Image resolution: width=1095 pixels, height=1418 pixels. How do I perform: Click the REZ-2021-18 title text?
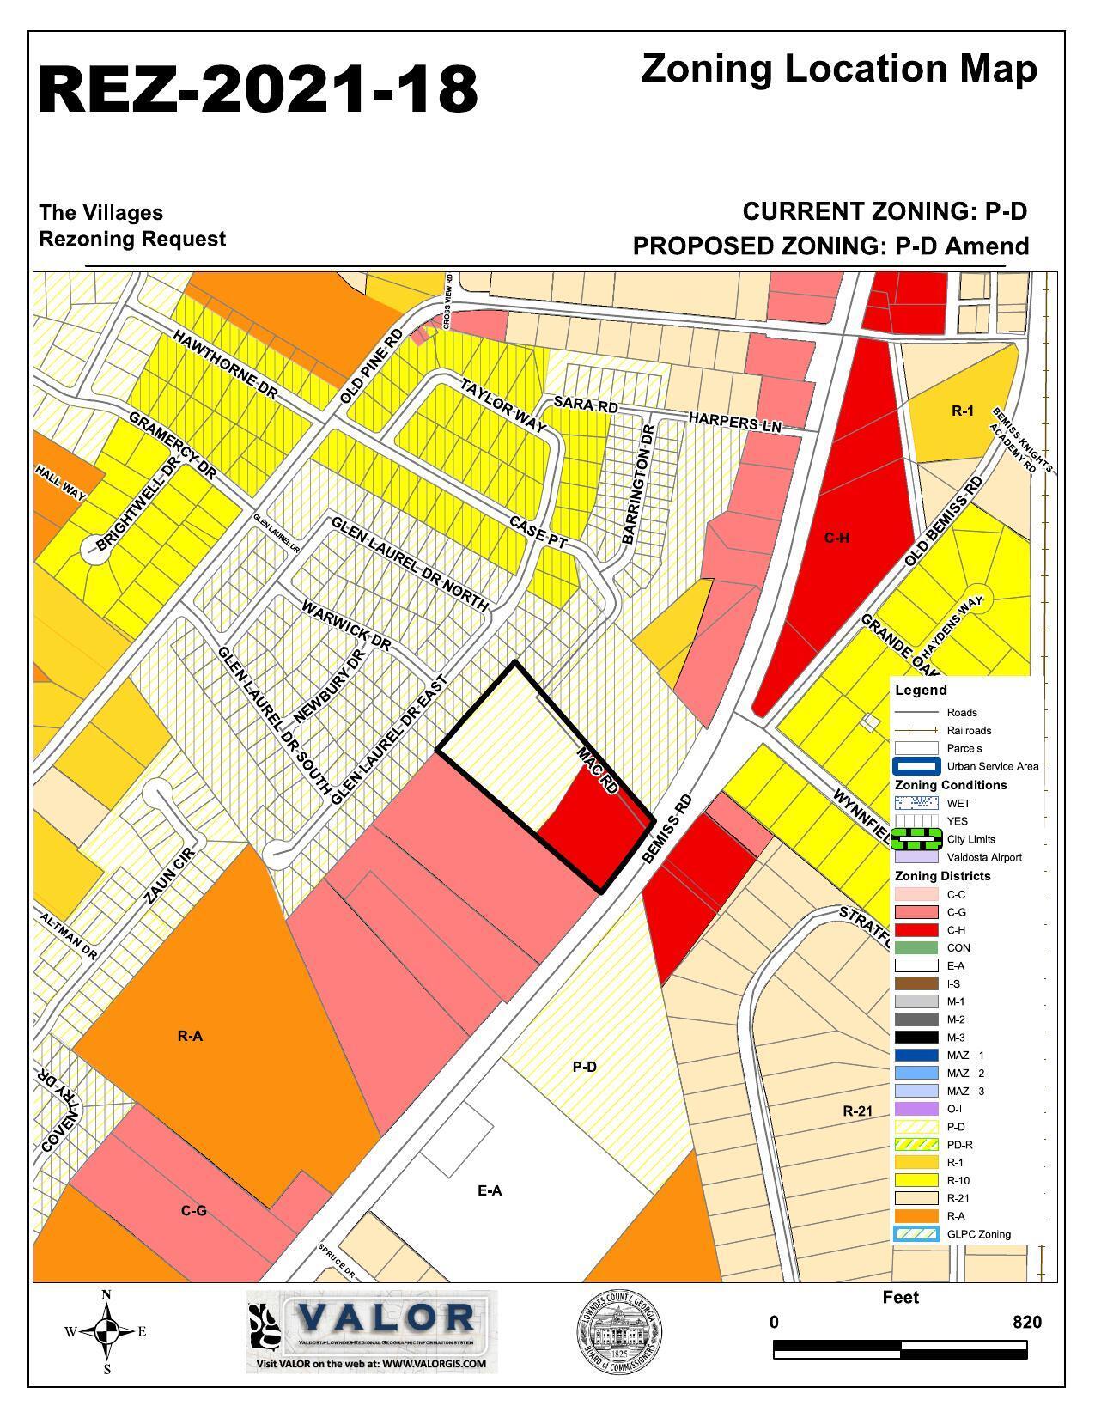tap(258, 89)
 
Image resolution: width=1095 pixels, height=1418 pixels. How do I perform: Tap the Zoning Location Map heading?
tap(838, 69)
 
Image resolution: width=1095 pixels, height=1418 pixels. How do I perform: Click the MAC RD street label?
tap(598, 770)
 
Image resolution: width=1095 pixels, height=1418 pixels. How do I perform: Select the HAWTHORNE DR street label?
tap(226, 364)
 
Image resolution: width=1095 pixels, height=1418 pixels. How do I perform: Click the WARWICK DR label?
tap(346, 625)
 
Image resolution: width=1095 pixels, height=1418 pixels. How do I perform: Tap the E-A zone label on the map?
tap(489, 1190)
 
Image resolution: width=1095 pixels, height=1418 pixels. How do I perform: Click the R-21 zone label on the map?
tap(857, 1111)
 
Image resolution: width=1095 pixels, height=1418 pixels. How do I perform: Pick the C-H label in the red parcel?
tap(836, 539)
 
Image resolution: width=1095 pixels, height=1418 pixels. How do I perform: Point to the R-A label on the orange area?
tap(190, 1036)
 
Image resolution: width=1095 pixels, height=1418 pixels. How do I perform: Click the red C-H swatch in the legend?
tap(916, 930)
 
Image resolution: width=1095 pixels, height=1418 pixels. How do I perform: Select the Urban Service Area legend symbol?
tap(916, 766)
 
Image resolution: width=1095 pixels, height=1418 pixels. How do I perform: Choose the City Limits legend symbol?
tap(916, 838)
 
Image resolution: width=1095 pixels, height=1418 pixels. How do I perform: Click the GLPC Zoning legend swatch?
tap(916, 1234)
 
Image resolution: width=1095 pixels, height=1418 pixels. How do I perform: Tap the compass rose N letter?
tap(106, 1295)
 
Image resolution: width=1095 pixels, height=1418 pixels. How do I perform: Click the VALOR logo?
tap(372, 1330)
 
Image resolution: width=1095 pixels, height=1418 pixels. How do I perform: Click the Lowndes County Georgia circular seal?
tap(618, 1332)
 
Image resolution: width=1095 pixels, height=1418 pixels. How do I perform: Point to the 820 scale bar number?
tap(1026, 1322)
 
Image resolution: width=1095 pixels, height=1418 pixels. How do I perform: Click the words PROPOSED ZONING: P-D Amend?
tap(830, 246)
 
